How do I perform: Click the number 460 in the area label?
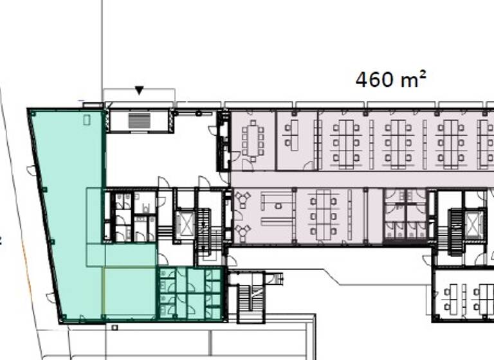pos(376,80)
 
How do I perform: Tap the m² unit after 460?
pos(413,79)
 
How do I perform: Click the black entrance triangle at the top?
pos(139,91)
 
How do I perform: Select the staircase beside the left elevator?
pos(206,226)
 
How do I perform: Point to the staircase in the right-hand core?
pos(455,231)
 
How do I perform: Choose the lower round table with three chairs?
pos(243,230)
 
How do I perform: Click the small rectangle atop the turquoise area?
pos(87,120)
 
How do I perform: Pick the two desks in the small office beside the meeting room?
pos(291,136)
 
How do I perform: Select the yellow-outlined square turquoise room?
pos(129,292)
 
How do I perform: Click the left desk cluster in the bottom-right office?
pos(453,298)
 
